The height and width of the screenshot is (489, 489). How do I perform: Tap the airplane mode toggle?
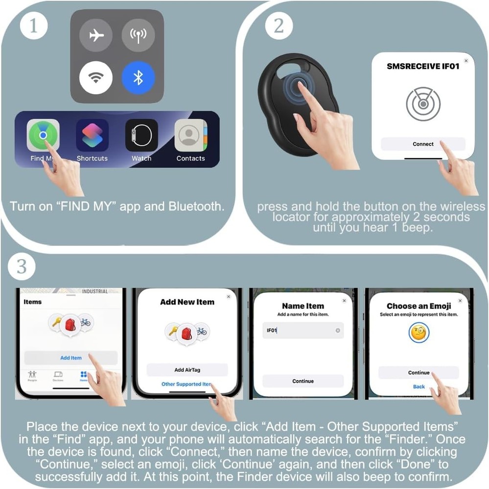96,35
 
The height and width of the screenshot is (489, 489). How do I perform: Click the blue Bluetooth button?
139,77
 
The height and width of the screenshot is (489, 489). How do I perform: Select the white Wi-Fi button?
96,77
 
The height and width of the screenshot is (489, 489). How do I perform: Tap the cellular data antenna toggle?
139,35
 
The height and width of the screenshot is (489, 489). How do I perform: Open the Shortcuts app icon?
92,135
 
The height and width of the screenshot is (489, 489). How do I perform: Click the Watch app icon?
141,135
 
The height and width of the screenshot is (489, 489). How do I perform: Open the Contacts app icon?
191,135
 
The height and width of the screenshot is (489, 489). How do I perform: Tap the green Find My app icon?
43,135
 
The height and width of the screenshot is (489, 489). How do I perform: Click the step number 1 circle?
33,26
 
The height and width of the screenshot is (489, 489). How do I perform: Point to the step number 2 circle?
279,26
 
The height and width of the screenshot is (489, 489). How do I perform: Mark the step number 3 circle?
22,267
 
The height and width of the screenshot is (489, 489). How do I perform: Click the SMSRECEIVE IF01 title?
423,66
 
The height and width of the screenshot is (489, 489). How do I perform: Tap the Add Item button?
71,357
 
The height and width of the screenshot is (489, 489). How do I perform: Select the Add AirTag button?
187,370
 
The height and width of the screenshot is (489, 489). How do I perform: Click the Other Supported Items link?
186,384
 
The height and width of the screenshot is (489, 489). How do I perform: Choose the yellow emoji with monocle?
419,333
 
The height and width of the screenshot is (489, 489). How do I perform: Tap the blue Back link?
419,386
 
